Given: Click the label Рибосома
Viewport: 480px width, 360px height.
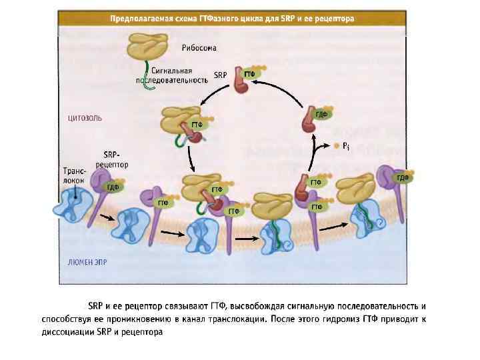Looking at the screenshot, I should click(x=199, y=48).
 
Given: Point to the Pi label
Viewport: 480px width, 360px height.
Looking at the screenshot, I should click(x=346, y=145).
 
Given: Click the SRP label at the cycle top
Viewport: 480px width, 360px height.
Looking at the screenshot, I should click(x=221, y=76).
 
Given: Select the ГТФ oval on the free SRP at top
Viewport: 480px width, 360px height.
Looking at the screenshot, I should click(x=249, y=74).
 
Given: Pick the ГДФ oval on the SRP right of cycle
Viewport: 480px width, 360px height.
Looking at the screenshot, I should click(x=321, y=115).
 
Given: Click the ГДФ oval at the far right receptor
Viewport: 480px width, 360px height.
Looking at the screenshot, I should click(x=402, y=177).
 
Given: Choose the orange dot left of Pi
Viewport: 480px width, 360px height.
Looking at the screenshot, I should click(x=336, y=145).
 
